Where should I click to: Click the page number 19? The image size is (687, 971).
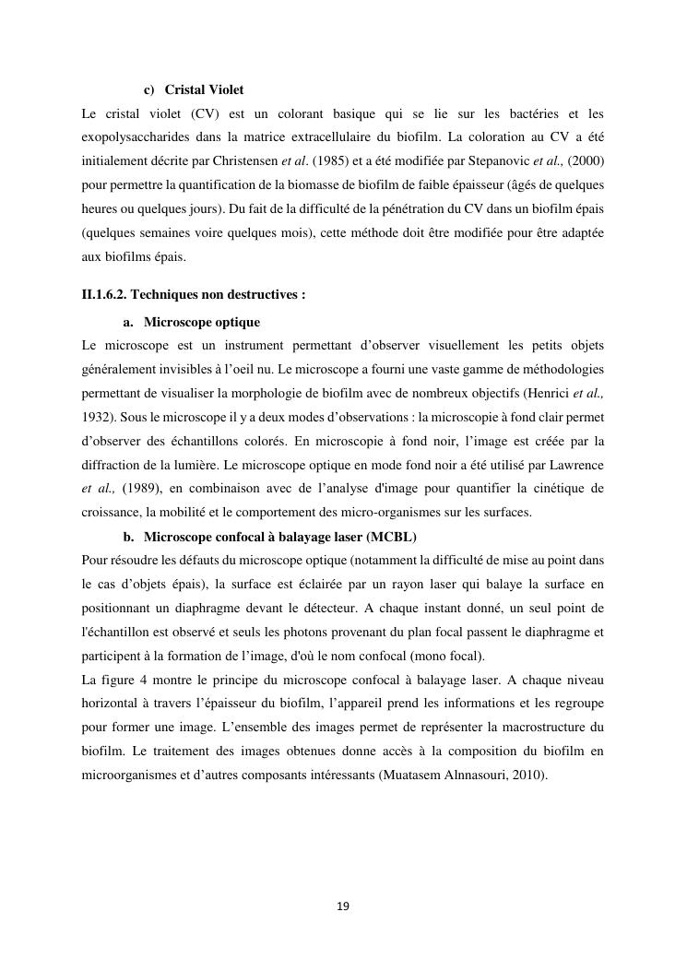[x=343, y=906]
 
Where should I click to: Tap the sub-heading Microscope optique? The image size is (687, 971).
[x=202, y=322]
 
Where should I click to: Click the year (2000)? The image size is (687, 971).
[x=586, y=161]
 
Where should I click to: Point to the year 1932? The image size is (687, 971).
[x=96, y=417]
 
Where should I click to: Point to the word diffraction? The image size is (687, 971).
[x=112, y=465]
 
